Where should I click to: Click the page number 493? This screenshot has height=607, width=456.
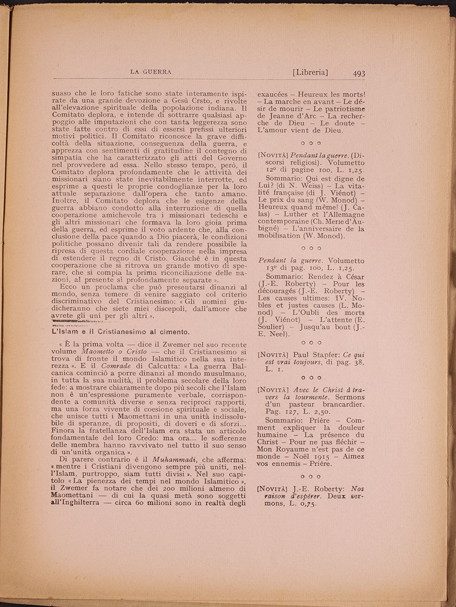(359, 73)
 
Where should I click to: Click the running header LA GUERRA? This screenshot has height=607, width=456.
(151, 71)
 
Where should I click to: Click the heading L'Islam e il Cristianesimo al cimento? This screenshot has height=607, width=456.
(120, 331)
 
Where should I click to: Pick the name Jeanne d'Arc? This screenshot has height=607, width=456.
(298, 115)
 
